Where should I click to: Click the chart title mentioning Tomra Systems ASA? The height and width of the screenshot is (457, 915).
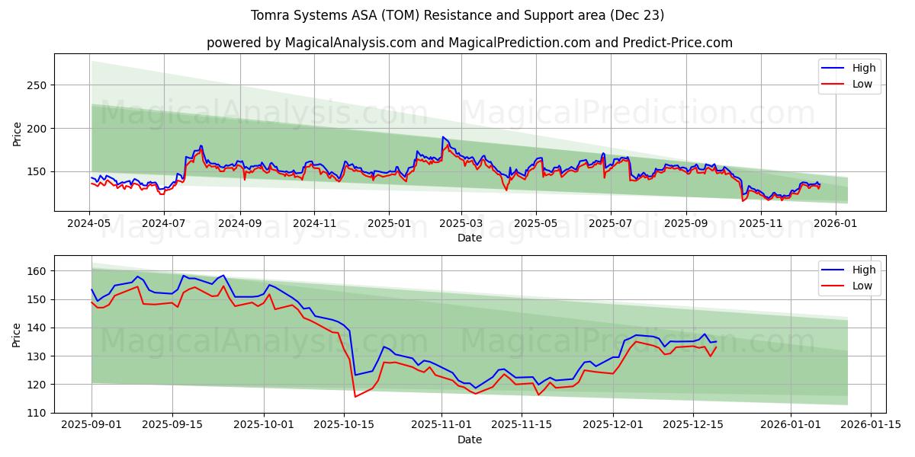tap(457, 15)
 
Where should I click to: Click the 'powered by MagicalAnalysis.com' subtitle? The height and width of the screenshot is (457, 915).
tap(469, 43)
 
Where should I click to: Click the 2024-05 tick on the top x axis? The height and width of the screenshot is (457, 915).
tap(89, 224)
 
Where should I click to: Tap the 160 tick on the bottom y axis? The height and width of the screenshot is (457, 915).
tap(37, 271)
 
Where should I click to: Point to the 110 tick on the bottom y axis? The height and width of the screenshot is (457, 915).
tap(37, 413)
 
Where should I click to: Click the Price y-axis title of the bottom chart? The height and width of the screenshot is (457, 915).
tap(18, 334)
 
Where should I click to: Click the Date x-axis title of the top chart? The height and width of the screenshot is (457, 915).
tap(469, 238)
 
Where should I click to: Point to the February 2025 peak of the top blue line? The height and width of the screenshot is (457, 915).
tap(442, 137)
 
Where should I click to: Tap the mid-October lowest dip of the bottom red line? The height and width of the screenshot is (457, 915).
tap(355, 396)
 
